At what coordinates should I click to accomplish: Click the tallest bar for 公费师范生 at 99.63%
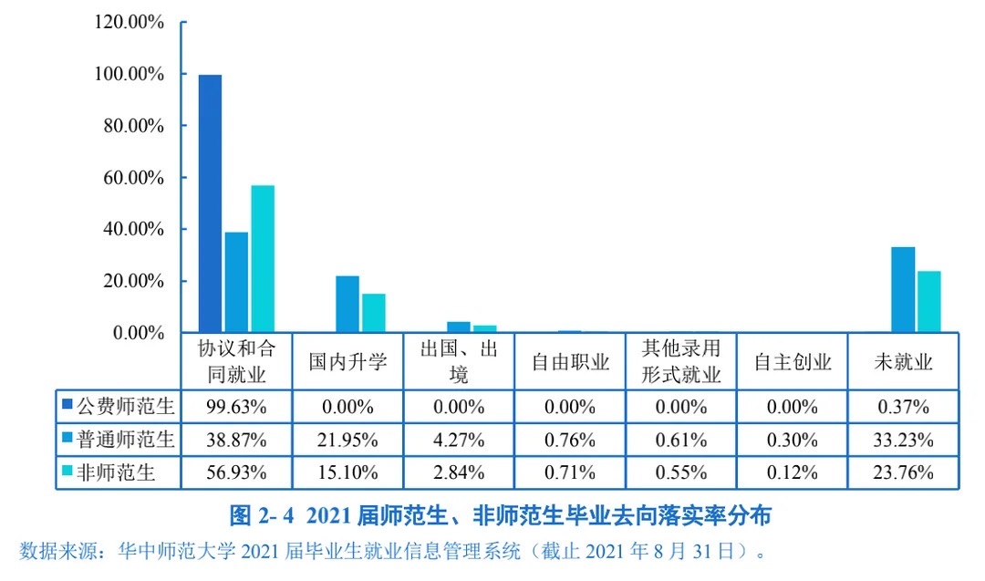210,203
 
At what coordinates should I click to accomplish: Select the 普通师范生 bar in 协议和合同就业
236,282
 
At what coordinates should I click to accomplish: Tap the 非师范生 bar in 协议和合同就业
263,259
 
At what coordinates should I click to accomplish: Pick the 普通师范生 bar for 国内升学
347,304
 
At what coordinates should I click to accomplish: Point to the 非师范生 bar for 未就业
928,302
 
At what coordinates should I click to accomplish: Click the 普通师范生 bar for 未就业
903,289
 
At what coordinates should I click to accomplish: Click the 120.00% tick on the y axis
130,22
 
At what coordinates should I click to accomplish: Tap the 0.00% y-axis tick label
137,333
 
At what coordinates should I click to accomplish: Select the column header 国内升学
347,362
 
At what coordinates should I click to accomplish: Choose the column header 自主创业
792,362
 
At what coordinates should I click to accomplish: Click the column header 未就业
903,362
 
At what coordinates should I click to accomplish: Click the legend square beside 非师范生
67,472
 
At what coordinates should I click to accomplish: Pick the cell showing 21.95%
347,440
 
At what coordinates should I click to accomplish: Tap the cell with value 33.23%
903,440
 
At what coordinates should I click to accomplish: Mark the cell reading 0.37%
903,406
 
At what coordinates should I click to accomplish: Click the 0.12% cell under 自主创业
792,472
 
